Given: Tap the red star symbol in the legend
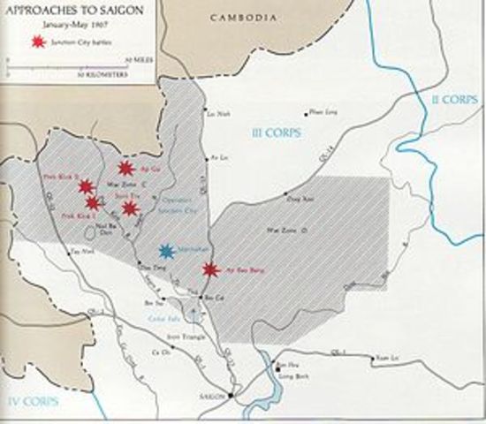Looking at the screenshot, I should click(37, 42).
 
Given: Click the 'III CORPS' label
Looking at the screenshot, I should click(276, 132).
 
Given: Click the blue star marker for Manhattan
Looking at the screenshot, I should click(167, 252).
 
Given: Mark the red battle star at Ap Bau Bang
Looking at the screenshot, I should click(209, 269).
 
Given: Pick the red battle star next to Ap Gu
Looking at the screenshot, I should click(125, 168).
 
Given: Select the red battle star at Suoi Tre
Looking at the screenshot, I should click(131, 208).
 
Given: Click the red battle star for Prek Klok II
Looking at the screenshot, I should click(86, 186).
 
